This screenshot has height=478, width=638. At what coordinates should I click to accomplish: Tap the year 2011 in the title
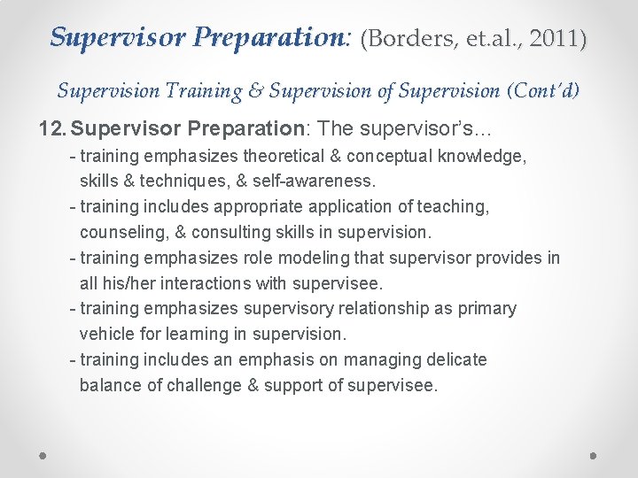click(556, 39)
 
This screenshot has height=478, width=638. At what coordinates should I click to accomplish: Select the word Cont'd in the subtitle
click(545, 90)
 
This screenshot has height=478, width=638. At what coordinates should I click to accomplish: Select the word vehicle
click(106, 335)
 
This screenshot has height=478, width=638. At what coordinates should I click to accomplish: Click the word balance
click(109, 385)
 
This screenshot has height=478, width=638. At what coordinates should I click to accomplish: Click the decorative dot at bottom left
click(43, 455)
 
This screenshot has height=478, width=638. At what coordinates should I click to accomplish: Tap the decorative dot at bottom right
click(594, 455)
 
